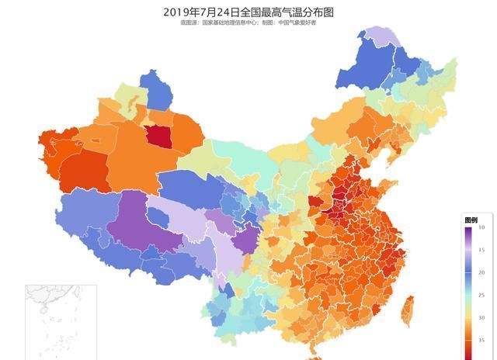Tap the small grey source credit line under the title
[x=248, y=23]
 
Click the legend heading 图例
[x=471, y=220]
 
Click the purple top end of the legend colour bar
[x=469, y=229]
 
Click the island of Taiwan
[x=405, y=310]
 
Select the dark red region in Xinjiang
[x=158, y=137]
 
